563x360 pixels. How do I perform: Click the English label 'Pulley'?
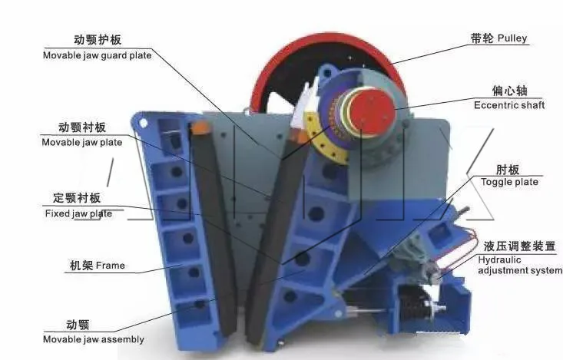point(512,38)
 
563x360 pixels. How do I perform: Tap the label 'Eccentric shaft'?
point(508,105)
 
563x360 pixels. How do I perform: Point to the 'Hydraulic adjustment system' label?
point(520,265)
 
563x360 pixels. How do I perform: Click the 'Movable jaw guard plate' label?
point(97,54)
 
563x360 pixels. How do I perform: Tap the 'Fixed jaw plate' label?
point(78,213)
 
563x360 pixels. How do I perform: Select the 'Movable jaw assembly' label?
point(94,339)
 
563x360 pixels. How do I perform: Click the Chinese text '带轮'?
point(482,38)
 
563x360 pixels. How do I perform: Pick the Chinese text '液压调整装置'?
point(518,246)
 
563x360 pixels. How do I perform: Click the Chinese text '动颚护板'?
point(98,40)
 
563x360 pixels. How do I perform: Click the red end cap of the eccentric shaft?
point(374,113)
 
